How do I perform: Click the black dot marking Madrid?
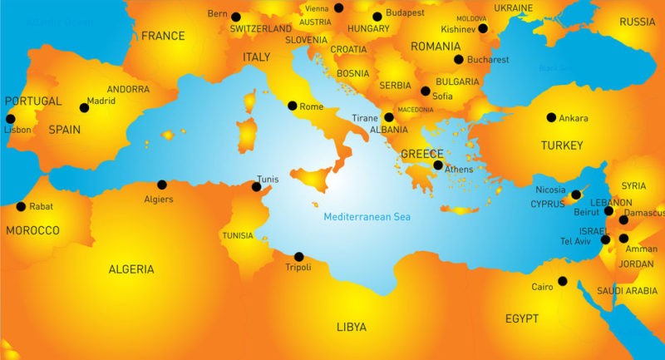click(84, 107)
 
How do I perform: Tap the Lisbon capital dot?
click(10, 118)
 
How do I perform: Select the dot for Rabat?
click(21, 206)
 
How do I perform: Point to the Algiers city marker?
click(162, 185)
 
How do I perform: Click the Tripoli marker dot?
click(298, 256)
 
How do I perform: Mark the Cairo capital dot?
click(563, 281)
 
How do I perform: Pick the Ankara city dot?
click(551, 117)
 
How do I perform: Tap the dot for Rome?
click(292, 106)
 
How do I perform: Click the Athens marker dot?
click(438, 165)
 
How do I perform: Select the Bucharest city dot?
click(458, 59)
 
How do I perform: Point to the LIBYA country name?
click(351, 327)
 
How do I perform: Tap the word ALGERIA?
click(131, 269)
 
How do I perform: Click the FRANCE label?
click(163, 36)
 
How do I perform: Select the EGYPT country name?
click(521, 318)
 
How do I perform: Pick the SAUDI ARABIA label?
click(627, 291)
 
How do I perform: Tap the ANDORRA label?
click(128, 89)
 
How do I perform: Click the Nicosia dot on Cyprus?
click(576, 195)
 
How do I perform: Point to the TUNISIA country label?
click(238, 236)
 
